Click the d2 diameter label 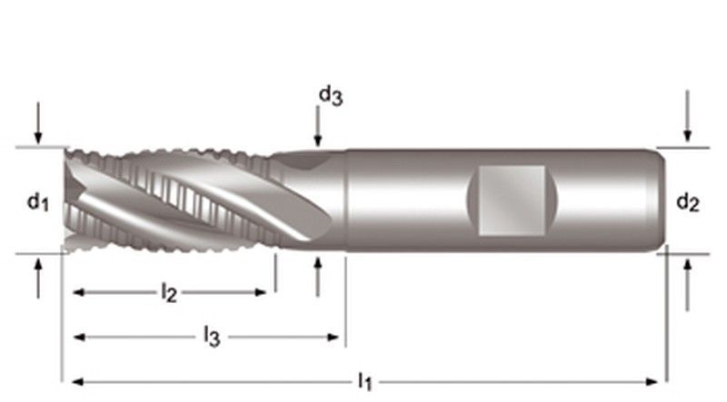click(x=688, y=204)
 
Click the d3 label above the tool click(x=330, y=95)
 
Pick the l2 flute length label click(x=168, y=292)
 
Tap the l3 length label click(x=211, y=337)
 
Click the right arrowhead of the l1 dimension click(x=654, y=381)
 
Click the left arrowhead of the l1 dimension click(x=76, y=381)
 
